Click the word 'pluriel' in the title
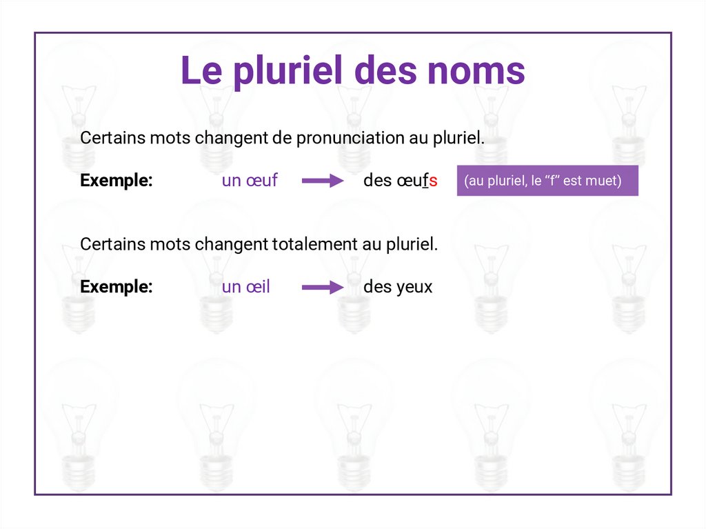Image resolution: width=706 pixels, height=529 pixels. pyautogui.click(x=290, y=71)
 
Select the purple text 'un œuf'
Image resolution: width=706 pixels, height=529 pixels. pyautogui.click(x=250, y=181)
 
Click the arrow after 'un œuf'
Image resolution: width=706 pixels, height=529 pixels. pyautogui.click(x=322, y=181)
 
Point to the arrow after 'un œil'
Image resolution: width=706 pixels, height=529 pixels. pyautogui.click(x=322, y=288)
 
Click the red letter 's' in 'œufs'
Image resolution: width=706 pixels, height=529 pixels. pyautogui.click(x=434, y=181)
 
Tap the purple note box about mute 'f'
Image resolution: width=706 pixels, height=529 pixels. pyautogui.click(x=547, y=181)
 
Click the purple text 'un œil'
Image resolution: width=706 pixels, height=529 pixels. pyautogui.click(x=245, y=287)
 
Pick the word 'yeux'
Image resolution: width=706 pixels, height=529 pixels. pyautogui.click(x=414, y=288)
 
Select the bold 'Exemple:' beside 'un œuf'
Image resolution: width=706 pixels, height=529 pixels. pyautogui.click(x=116, y=181)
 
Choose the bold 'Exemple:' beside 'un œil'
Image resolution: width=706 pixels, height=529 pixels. pyautogui.click(x=116, y=287)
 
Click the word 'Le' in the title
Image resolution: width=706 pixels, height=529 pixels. pyautogui.click(x=200, y=71)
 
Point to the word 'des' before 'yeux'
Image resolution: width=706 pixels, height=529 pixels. pyautogui.click(x=377, y=287)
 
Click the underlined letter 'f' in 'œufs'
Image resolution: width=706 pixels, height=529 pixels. pyautogui.click(x=425, y=181)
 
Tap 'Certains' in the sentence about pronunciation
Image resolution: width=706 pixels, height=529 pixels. pyautogui.click(x=113, y=138)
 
